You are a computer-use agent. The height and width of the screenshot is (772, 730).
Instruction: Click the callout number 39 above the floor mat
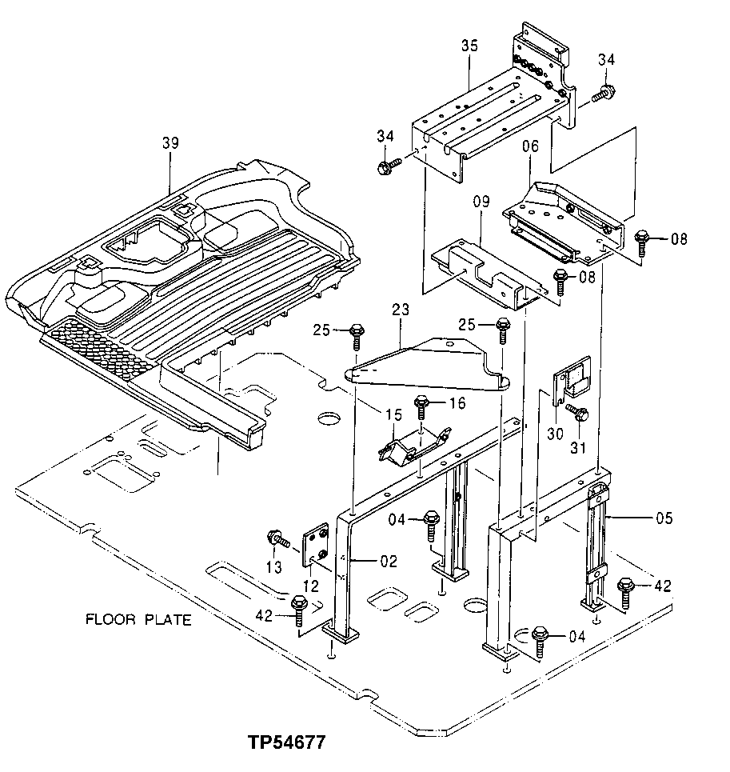(170, 143)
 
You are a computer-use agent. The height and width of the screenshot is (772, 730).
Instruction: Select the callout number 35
(469, 46)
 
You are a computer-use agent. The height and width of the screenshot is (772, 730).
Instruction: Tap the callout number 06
(530, 146)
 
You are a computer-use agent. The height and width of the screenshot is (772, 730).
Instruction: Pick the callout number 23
(401, 308)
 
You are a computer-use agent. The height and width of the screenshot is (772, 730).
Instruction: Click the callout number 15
(371, 414)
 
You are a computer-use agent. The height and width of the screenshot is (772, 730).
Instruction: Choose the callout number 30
(553, 433)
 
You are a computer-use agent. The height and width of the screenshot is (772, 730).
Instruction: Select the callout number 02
(388, 562)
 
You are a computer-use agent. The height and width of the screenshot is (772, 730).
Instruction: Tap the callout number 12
(311, 586)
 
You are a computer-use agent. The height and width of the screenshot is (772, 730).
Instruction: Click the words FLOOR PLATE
(138, 621)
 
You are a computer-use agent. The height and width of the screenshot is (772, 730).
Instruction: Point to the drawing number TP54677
(286, 742)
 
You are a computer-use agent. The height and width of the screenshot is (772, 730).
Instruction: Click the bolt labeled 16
(421, 407)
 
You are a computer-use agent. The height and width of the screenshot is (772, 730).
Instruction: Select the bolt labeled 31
(578, 414)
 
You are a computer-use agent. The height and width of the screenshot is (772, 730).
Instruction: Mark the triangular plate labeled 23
(432, 364)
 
